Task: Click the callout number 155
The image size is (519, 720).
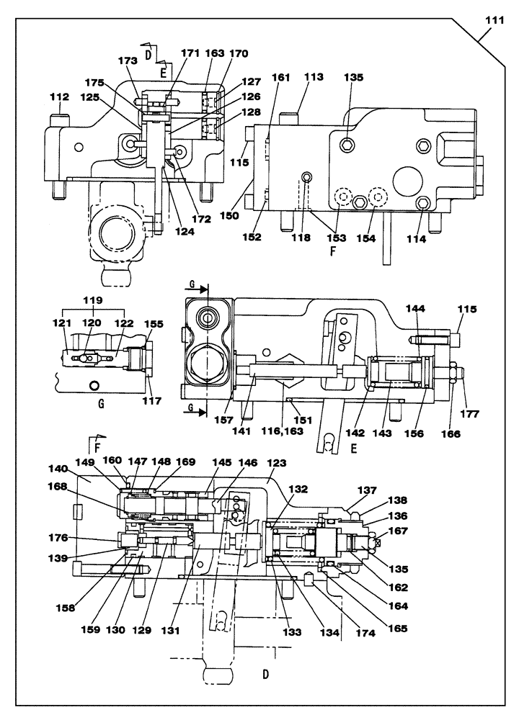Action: (152, 325)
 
